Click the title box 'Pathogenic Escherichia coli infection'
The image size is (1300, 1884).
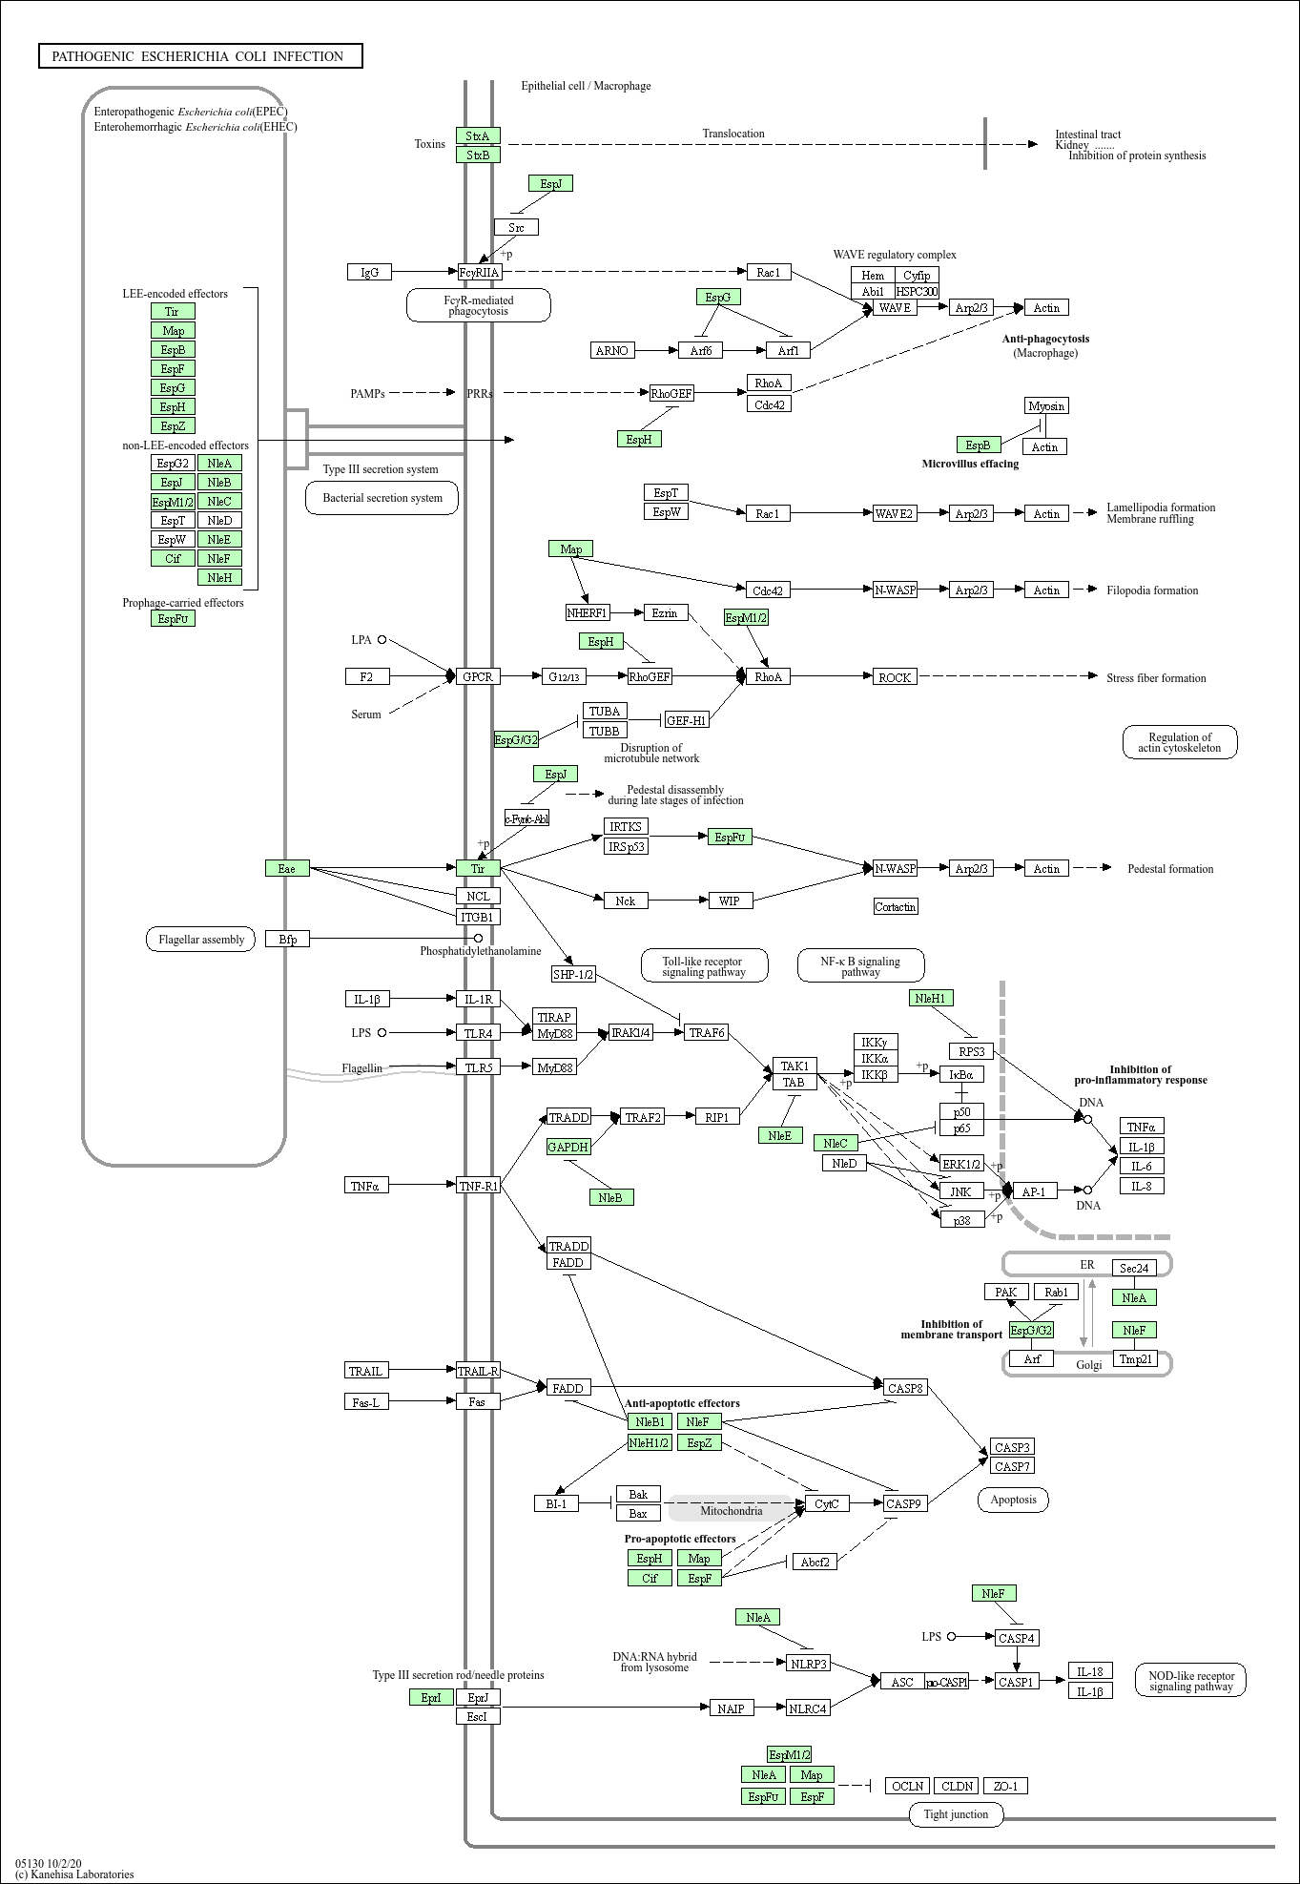(200, 56)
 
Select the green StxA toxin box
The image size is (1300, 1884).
(478, 135)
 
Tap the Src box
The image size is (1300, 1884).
(516, 227)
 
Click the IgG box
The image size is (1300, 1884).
(370, 272)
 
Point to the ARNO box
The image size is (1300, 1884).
(612, 350)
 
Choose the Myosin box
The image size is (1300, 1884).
(1046, 405)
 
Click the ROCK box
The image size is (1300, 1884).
(895, 677)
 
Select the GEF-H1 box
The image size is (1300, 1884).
(687, 720)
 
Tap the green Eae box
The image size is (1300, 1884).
(287, 868)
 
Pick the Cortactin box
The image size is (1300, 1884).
(896, 906)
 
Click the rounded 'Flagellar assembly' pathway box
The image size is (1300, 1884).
(201, 940)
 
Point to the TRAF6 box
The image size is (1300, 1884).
(707, 1032)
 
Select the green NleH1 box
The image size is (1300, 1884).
(931, 998)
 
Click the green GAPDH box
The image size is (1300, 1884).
(568, 1147)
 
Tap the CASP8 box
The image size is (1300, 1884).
(906, 1387)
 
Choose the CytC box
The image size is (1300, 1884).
(827, 1503)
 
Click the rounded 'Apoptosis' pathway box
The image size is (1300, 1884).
(1013, 1500)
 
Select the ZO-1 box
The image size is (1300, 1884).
(1005, 1786)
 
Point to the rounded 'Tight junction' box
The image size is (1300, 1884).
(957, 1813)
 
